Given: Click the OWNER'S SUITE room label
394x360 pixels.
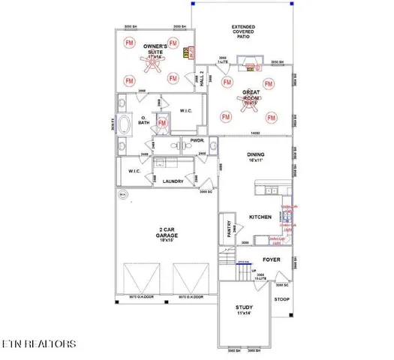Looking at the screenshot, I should (155, 49).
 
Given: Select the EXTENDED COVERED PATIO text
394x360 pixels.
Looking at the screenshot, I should (242, 31).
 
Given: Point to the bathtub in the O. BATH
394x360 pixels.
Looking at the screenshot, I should (125, 124).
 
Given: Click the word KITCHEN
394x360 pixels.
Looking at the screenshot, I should (260, 216).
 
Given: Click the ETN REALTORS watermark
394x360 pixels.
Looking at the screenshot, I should (38, 344).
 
